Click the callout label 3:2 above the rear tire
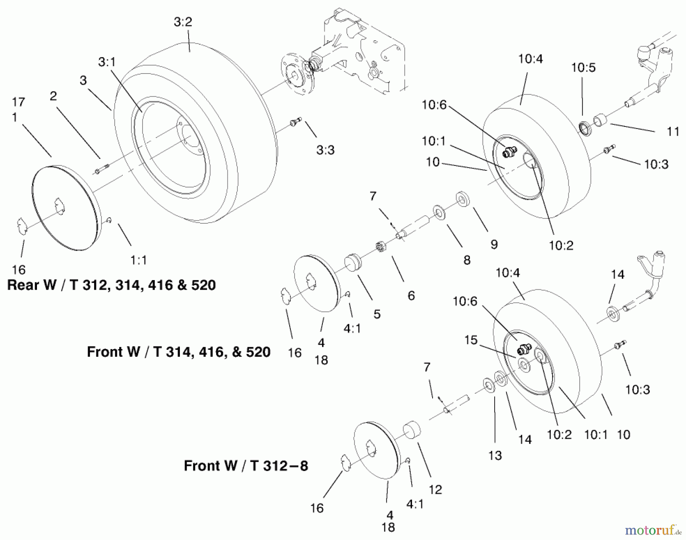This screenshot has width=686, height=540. (183, 22)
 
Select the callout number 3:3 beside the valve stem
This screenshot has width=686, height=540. (325, 150)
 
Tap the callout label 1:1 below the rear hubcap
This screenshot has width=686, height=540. (138, 260)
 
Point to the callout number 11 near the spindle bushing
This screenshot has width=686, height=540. (673, 131)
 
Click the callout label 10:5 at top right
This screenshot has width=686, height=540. (583, 67)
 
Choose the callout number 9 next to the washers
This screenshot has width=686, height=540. (494, 244)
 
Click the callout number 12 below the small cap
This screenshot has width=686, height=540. (435, 489)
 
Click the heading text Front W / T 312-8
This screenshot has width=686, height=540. (246, 466)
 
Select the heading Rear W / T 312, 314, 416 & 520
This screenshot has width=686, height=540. (111, 285)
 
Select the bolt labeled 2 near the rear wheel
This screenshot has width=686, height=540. (101, 168)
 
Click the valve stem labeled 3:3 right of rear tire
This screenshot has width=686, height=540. (295, 121)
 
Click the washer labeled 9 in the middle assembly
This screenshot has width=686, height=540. (463, 200)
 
